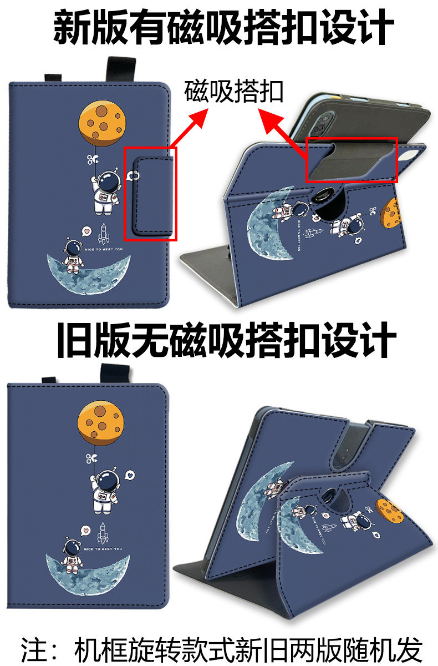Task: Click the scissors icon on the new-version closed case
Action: [x=91, y=160]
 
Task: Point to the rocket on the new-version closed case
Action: [x=103, y=234]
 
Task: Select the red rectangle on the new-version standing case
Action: [x=353, y=160]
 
